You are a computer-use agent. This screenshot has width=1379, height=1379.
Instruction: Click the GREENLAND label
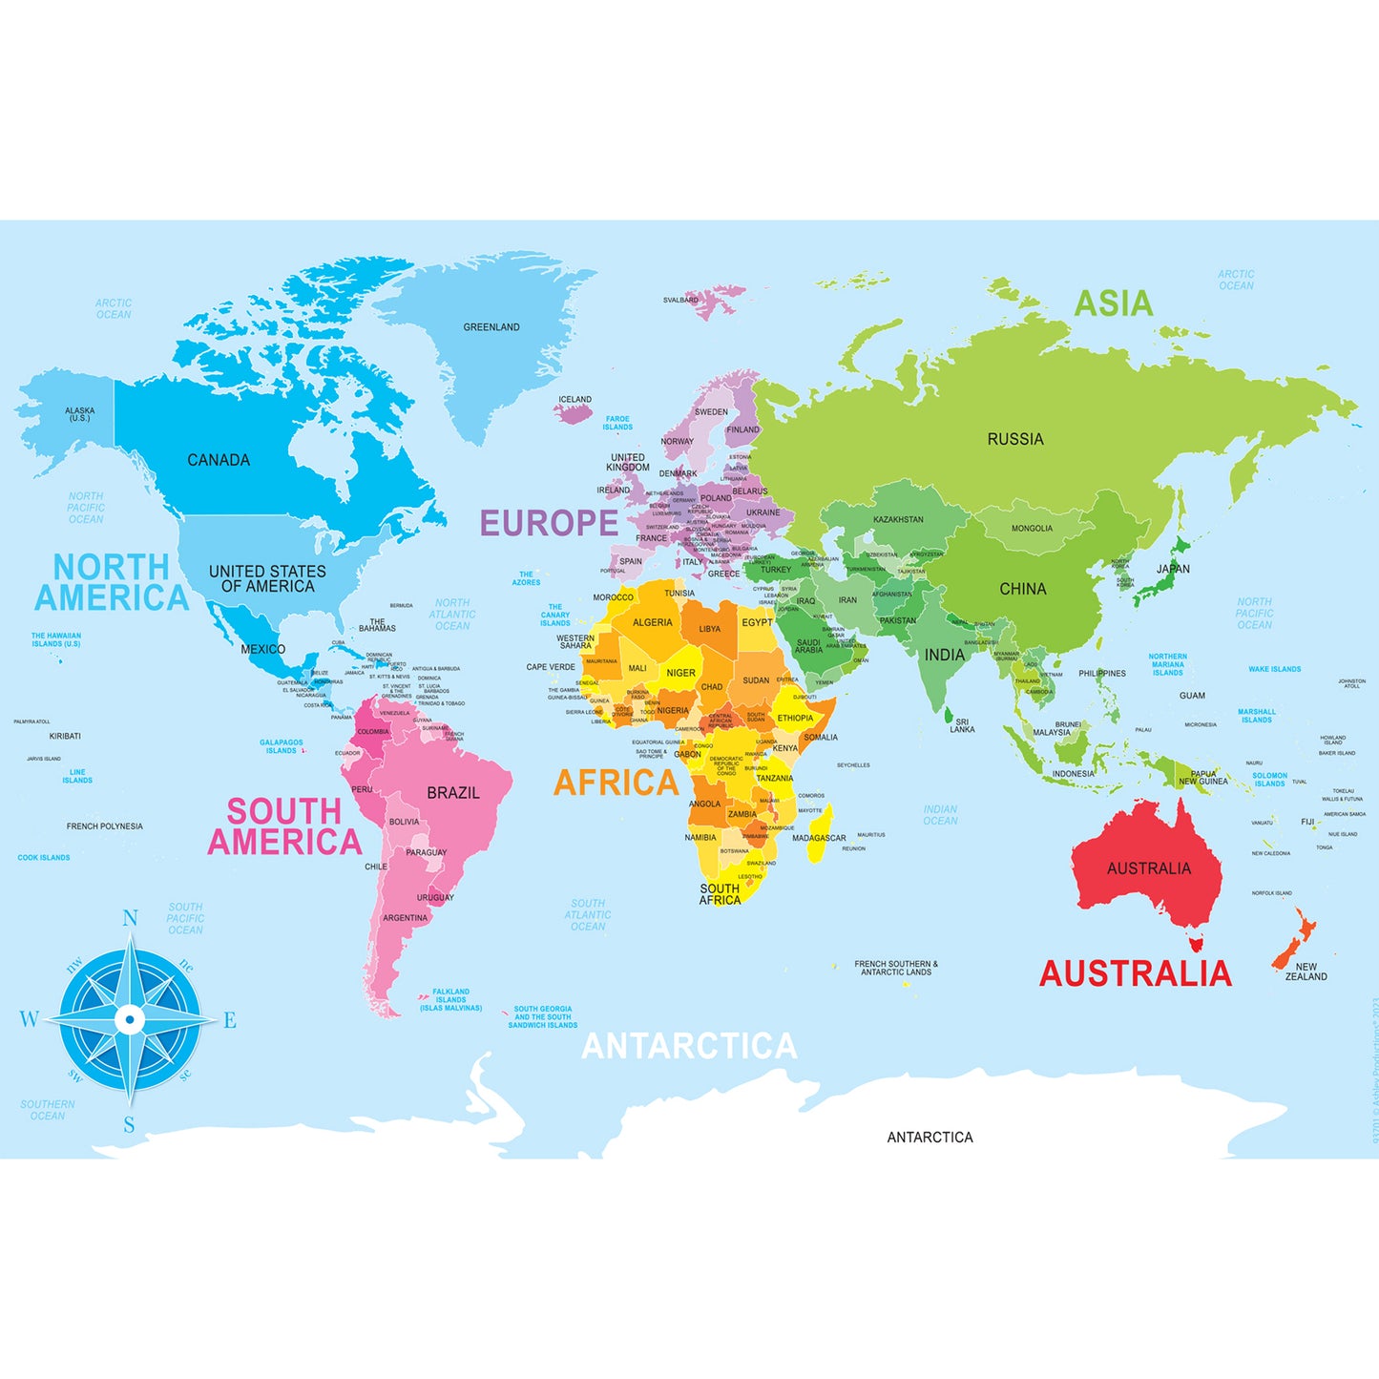tap(491, 327)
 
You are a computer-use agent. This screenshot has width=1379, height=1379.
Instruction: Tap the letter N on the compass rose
tap(130, 918)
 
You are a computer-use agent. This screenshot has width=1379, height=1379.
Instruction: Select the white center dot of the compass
tap(130, 1019)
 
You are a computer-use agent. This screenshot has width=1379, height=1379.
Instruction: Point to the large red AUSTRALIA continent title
tap(1136, 973)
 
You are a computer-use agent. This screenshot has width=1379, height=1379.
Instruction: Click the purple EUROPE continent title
tap(549, 523)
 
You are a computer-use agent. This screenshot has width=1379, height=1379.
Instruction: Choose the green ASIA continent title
tap(1114, 303)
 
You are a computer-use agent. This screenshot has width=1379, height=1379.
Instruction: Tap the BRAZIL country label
tap(453, 793)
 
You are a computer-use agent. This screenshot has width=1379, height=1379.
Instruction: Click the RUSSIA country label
tap(1015, 439)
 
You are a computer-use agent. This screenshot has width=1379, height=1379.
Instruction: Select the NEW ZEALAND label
tap(1306, 972)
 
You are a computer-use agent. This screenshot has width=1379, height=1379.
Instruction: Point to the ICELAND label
tap(575, 400)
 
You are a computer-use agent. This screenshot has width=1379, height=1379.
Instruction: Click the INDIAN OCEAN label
tap(940, 815)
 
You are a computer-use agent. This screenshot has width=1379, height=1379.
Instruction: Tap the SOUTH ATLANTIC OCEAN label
tap(588, 914)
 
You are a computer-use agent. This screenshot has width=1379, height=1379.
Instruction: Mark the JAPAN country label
tap(1173, 569)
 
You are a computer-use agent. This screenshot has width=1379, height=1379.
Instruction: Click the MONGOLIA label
tap(1032, 529)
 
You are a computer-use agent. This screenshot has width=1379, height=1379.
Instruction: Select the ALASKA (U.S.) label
tap(80, 414)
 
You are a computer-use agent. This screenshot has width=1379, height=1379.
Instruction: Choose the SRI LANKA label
tap(962, 726)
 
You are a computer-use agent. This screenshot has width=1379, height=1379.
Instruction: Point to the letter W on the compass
tap(29, 1019)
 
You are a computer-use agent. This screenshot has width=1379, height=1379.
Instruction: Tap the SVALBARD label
tap(680, 300)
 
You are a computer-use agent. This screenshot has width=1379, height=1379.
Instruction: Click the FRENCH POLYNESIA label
tap(105, 826)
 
